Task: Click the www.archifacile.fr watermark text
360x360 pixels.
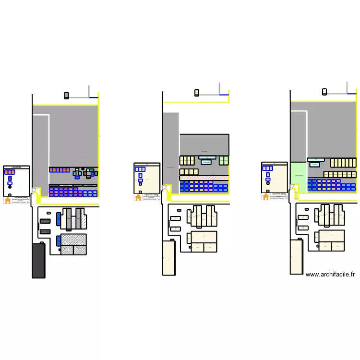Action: tap(330, 275)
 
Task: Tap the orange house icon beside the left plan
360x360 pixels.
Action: tap(8, 201)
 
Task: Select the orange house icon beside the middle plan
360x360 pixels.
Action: tap(138, 197)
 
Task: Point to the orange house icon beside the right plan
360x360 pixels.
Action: tap(265, 196)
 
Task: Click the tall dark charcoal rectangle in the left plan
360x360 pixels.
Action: tap(38, 261)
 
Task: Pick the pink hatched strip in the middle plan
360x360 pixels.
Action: tap(204, 178)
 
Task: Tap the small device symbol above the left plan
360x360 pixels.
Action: tap(66, 96)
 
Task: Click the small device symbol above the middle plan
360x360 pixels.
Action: tap(197, 93)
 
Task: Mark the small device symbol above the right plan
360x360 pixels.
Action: tap(324, 92)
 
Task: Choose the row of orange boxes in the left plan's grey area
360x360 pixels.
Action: tap(60, 170)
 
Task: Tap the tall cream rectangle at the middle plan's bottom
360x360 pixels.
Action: tap(169, 258)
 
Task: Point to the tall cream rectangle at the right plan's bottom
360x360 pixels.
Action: tap(297, 257)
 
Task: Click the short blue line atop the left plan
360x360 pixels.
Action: tap(94, 97)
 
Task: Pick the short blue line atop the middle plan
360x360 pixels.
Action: tap(224, 95)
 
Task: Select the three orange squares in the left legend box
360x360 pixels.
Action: tap(10, 172)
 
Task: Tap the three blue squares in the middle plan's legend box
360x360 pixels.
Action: tap(140, 169)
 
